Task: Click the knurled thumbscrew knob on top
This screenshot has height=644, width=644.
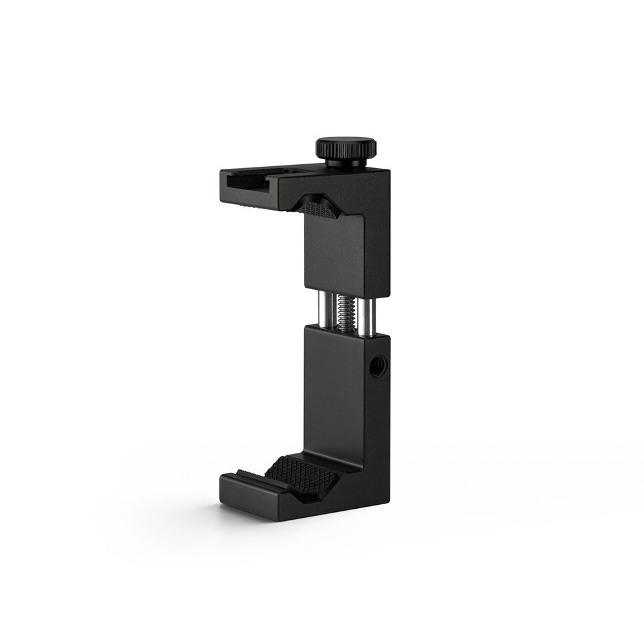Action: [x=346, y=148]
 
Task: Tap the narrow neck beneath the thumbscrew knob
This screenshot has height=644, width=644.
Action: [x=346, y=164]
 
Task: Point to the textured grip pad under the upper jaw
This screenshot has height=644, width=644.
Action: [x=318, y=208]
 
